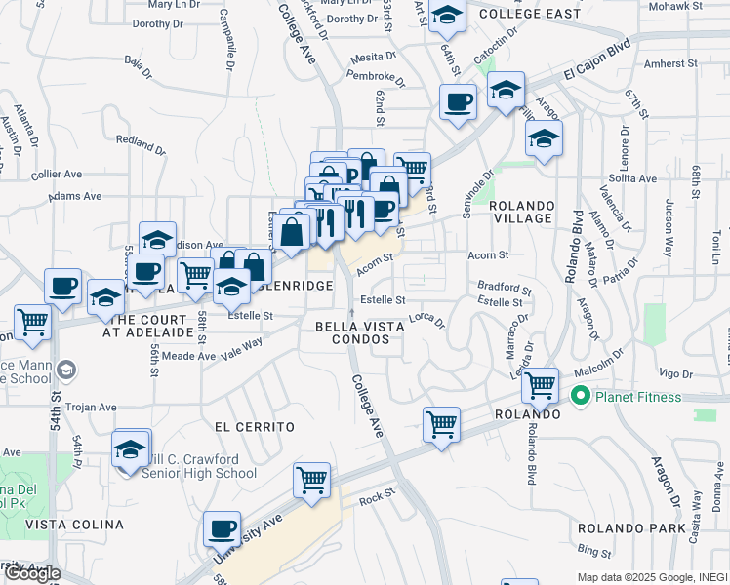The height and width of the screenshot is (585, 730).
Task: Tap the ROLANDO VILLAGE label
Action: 521,212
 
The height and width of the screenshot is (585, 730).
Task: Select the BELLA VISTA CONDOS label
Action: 359,332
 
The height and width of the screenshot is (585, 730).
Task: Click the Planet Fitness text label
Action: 636,396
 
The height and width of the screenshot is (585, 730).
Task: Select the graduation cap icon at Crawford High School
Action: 130,449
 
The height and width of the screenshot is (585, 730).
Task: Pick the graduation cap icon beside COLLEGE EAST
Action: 447,15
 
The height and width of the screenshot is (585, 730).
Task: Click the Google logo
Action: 32,572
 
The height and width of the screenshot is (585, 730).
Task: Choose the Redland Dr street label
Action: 141,145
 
